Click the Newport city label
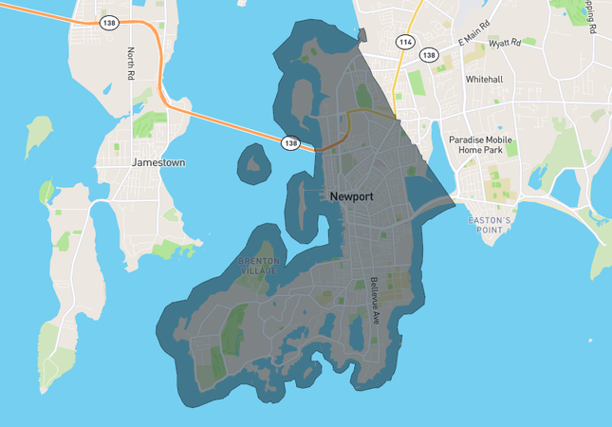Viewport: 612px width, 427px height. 351,196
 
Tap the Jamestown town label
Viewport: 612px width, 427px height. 158,162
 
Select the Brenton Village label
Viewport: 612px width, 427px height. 259,265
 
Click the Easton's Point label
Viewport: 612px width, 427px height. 491,225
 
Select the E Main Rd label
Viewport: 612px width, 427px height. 475,37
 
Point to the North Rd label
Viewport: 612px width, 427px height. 131,64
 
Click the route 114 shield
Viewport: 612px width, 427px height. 405,42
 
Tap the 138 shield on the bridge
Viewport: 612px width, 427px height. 289,143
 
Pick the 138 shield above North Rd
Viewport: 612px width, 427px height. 110,22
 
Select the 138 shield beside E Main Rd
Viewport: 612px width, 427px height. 429,55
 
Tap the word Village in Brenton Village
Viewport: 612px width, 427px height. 259,270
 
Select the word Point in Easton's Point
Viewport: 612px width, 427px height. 491,230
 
